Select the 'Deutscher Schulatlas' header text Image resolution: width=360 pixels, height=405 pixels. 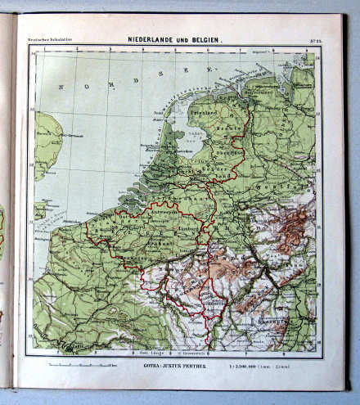point(47,40)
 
